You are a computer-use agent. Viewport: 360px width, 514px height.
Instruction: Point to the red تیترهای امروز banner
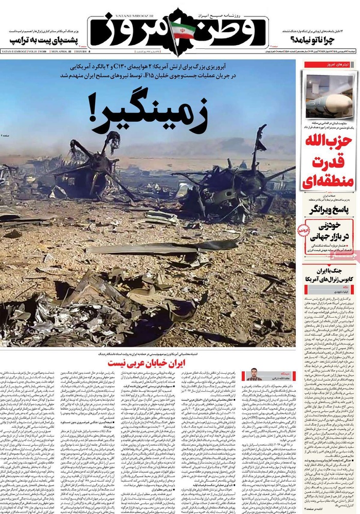point(337,65)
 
